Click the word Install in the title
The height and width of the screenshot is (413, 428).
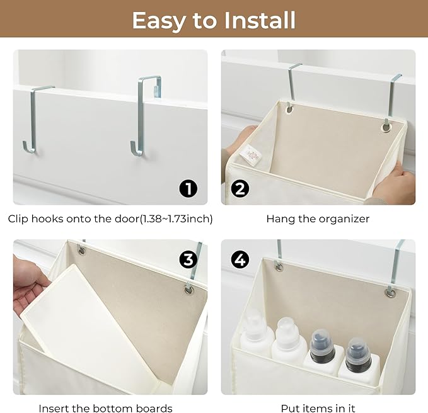point(260,20)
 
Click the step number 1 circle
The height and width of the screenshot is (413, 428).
point(188,188)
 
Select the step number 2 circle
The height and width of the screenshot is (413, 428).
point(240,188)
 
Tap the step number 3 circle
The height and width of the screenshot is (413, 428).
point(188,259)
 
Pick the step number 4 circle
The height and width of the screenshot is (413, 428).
point(240,259)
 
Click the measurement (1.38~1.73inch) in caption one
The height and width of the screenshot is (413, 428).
point(176,219)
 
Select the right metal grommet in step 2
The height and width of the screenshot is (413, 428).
point(386,127)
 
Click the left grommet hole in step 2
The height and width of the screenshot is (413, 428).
point(289,109)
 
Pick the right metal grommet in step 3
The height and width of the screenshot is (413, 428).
point(188,290)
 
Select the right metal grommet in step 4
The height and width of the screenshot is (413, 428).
point(390,293)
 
